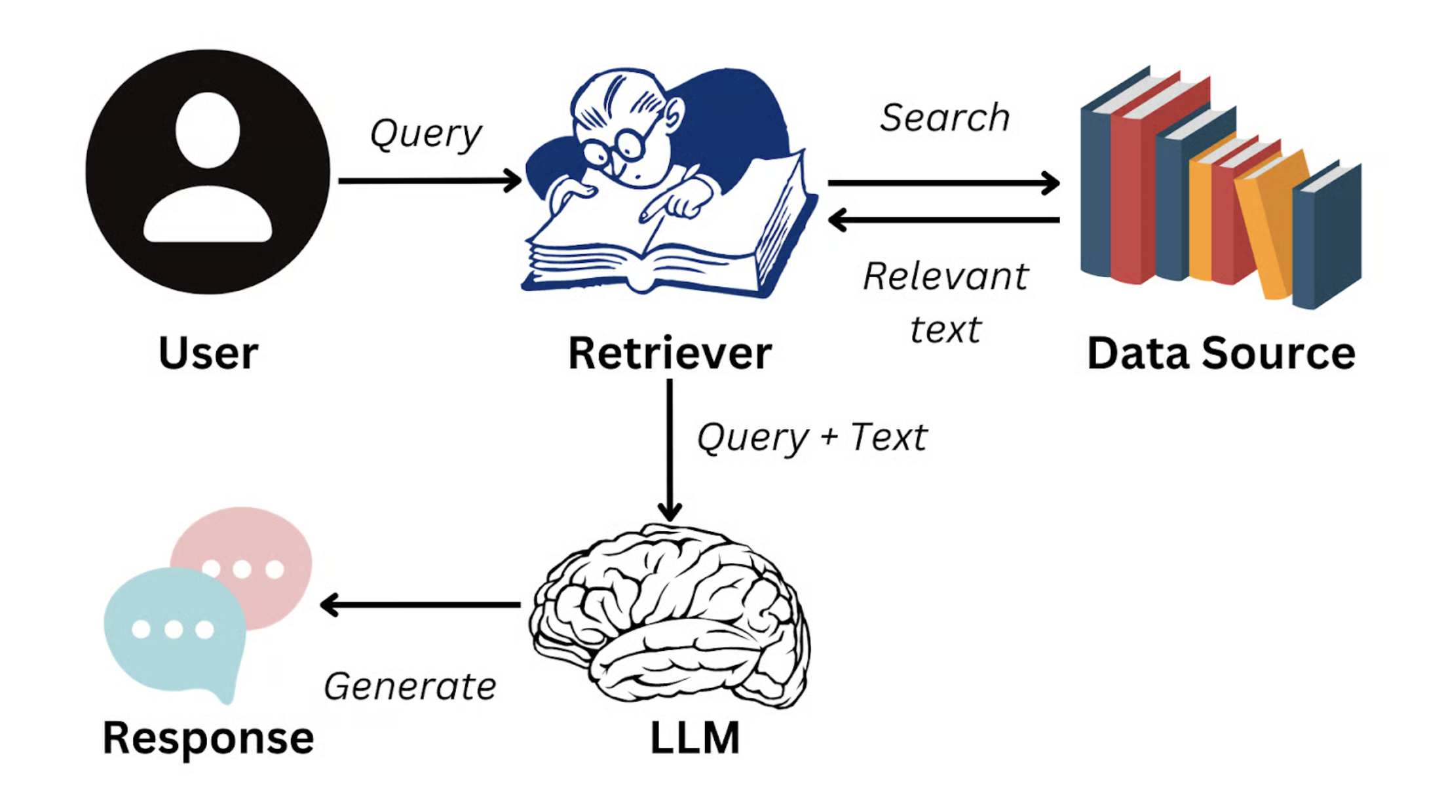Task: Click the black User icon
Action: pyautogui.click(x=208, y=172)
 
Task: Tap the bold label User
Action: pyautogui.click(x=208, y=353)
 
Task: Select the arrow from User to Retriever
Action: pyautogui.click(x=429, y=180)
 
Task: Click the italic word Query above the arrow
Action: pyautogui.click(x=426, y=134)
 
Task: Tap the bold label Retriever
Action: pyautogui.click(x=670, y=353)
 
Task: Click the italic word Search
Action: pyautogui.click(x=944, y=118)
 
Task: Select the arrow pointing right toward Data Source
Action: pyautogui.click(x=943, y=183)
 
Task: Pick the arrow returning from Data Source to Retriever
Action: pyautogui.click(x=943, y=220)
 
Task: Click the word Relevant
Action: pyautogui.click(x=945, y=276)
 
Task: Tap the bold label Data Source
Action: pyautogui.click(x=1221, y=353)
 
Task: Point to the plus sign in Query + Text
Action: pyautogui.click(x=829, y=436)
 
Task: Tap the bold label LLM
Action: pyautogui.click(x=694, y=738)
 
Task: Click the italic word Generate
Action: pyautogui.click(x=410, y=687)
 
